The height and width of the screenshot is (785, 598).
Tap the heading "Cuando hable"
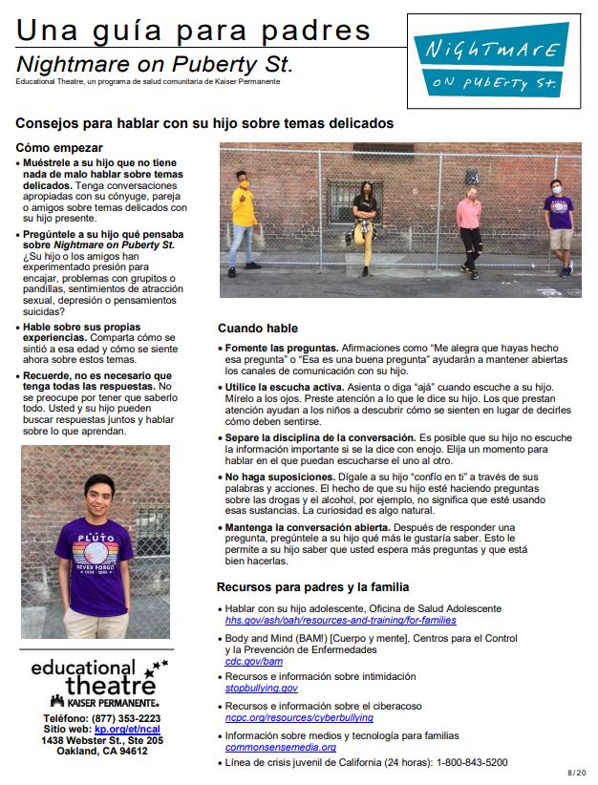pos(257,329)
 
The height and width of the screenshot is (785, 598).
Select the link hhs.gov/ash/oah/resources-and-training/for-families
pos(342,620)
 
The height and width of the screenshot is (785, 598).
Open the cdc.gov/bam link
pos(253,661)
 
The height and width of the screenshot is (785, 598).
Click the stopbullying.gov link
pos(261,688)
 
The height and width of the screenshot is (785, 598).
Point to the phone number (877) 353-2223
pos(116,717)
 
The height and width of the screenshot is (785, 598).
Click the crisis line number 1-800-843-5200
pos(472,762)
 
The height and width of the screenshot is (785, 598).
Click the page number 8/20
pos(576,772)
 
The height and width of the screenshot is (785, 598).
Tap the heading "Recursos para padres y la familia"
pos(313,585)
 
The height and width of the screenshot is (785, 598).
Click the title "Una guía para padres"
pos(193,31)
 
